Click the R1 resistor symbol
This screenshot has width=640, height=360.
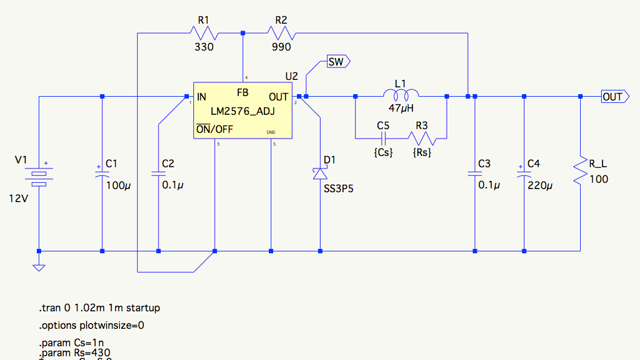(203, 32)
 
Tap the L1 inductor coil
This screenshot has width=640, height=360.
(400, 95)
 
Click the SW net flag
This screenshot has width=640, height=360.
(337, 61)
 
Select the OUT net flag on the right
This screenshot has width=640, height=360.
(613, 97)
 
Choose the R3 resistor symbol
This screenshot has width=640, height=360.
(422, 137)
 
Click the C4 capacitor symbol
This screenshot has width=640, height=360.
(524, 174)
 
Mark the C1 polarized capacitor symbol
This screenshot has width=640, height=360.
(102, 174)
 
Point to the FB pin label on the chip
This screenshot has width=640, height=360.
(243, 92)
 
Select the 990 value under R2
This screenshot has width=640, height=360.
(281, 47)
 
